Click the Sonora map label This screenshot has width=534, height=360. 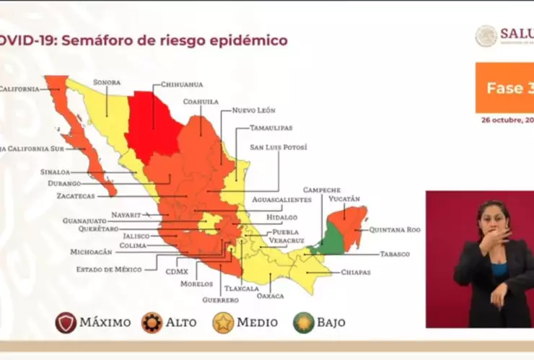[106, 83]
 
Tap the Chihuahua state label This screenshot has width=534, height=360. [181, 84]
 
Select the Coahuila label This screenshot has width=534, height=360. [201, 102]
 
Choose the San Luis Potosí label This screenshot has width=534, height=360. [278, 147]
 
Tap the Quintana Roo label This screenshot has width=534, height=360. [394, 229]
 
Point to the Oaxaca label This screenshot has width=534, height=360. [270, 296]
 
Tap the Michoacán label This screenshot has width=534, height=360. [91, 253]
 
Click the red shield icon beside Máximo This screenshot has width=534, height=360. [66, 322]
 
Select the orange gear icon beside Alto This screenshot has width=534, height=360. [152, 322]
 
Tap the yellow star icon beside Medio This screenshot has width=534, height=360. [223, 322]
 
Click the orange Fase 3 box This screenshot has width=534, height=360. [504, 88]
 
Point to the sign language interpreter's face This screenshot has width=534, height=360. [493, 217]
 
